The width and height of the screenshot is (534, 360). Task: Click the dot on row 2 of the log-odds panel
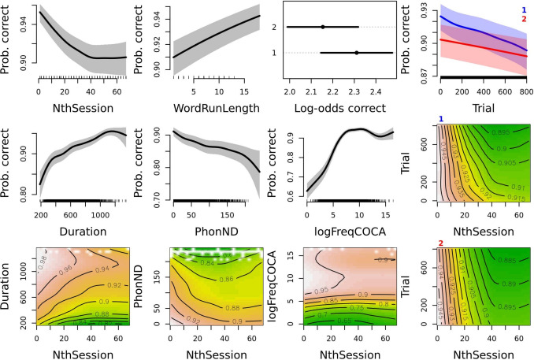coord(323,27)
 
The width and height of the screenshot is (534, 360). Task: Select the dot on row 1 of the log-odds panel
coord(357,53)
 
